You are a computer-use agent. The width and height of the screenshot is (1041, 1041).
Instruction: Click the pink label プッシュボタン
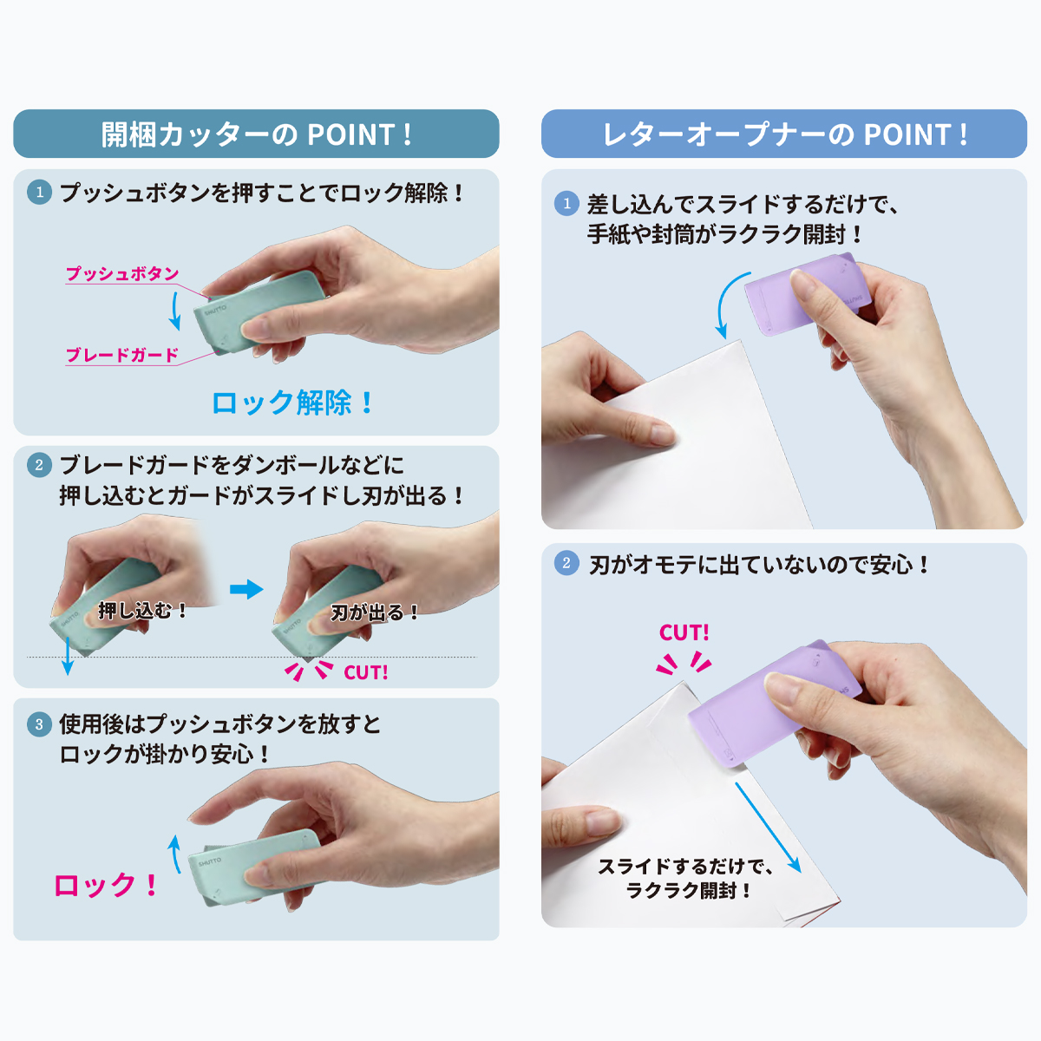tap(122, 273)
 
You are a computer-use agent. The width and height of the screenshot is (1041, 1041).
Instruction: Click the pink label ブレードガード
tap(122, 355)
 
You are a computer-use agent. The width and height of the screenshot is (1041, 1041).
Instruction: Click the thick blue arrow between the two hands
tap(246, 589)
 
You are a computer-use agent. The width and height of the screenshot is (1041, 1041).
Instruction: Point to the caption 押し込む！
tap(142, 611)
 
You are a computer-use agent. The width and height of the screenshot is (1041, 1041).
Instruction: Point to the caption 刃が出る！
tap(375, 612)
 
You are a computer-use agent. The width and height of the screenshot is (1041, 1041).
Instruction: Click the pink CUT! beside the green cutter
tap(366, 672)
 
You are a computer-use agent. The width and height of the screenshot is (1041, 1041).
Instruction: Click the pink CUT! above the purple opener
tap(684, 632)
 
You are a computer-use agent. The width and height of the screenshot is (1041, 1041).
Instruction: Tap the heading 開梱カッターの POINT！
tap(257, 134)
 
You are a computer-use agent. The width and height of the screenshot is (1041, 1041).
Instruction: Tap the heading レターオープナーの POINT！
tap(784, 134)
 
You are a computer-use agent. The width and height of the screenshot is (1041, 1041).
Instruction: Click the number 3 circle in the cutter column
tap(39, 724)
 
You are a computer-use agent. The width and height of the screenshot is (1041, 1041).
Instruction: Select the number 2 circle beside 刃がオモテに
tap(566, 563)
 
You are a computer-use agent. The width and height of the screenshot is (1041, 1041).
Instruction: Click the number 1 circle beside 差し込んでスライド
tap(566, 204)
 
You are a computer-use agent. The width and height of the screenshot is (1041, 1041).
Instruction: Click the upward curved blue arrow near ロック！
tap(174, 854)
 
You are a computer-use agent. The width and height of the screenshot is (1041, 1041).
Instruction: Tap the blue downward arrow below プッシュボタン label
tap(174, 311)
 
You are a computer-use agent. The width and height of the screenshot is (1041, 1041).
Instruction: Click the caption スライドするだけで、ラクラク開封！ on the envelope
tap(685, 879)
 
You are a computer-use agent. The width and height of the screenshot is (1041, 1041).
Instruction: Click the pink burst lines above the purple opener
tap(684, 662)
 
